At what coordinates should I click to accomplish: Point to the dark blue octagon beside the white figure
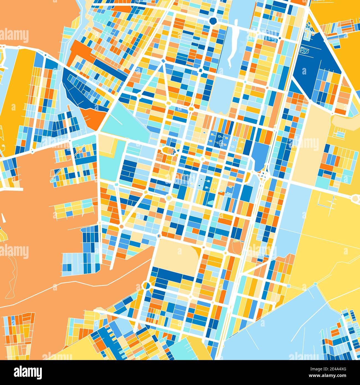[213, 20]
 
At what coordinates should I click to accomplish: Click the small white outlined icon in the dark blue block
[305, 50]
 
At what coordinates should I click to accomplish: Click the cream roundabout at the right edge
[356, 198]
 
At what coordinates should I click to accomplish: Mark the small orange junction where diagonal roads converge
[121, 227]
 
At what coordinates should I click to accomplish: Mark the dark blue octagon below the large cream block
[146, 285]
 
